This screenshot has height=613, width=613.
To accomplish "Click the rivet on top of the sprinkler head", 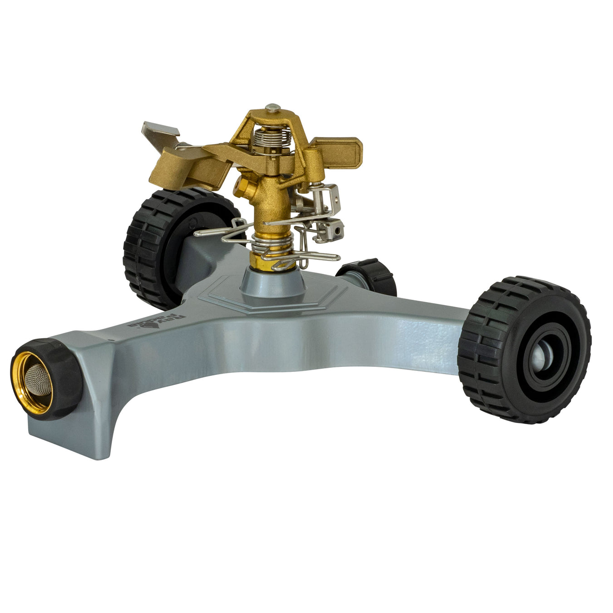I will click(x=272, y=108).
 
